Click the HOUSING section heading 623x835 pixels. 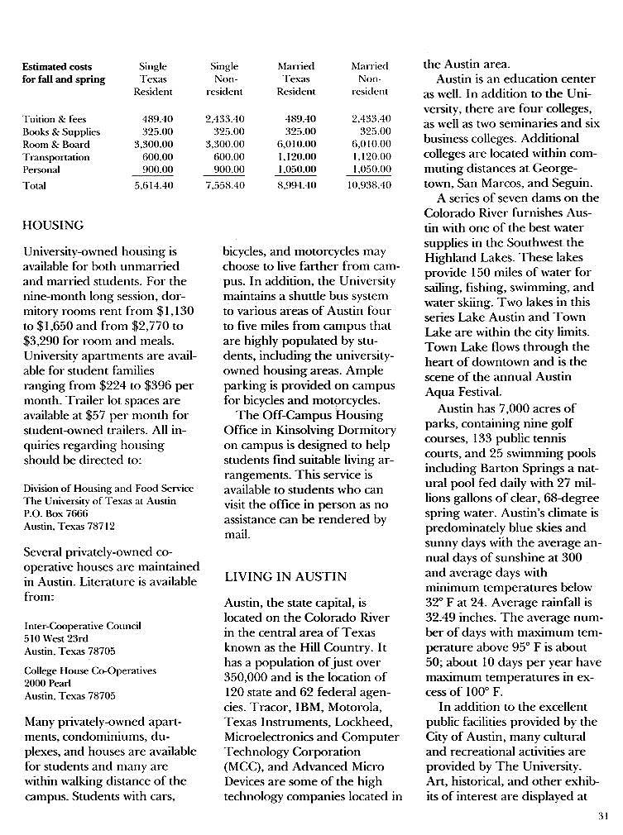[x=53, y=225]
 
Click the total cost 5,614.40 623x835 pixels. [x=154, y=186]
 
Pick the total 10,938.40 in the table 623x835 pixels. [x=371, y=186]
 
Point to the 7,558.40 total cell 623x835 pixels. [x=225, y=186]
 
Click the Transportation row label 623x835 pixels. [x=56, y=157]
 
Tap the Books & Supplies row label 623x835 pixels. [x=61, y=132]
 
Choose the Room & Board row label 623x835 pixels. [x=56, y=145]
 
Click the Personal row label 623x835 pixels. [x=41, y=169]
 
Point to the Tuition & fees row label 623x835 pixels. [x=55, y=120]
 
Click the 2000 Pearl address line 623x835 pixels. [x=46, y=683]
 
